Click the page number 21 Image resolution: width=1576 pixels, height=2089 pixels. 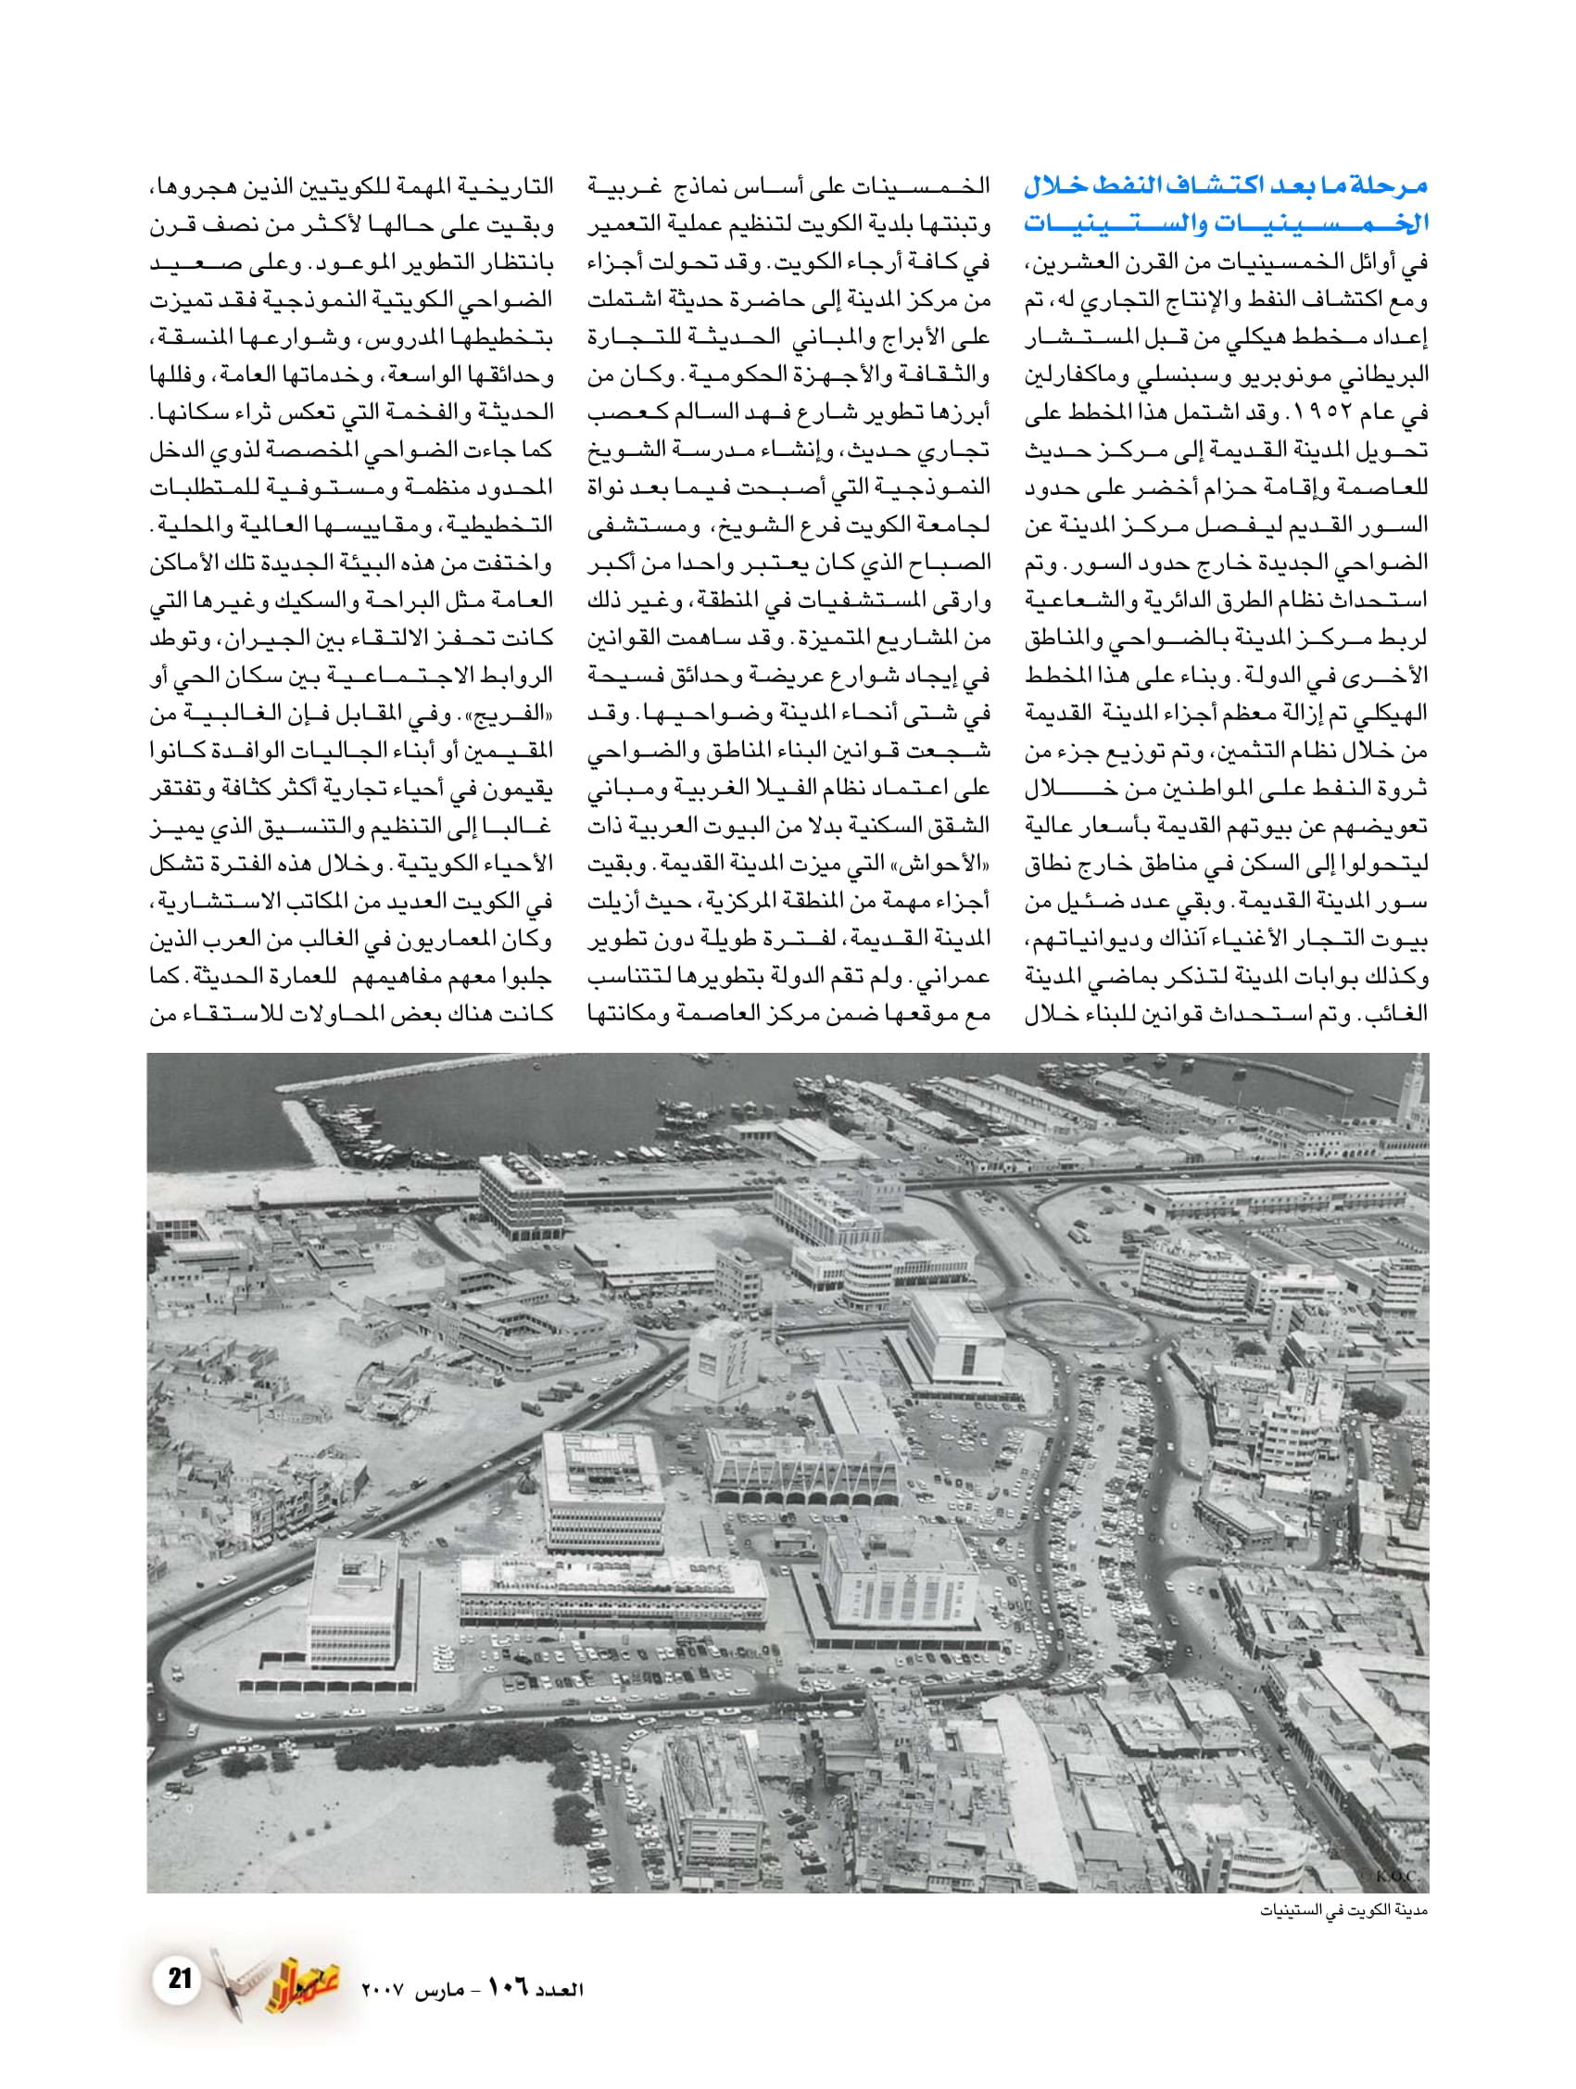coord(180,1978)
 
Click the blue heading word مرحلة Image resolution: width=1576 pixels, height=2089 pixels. coord(1386,185)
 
